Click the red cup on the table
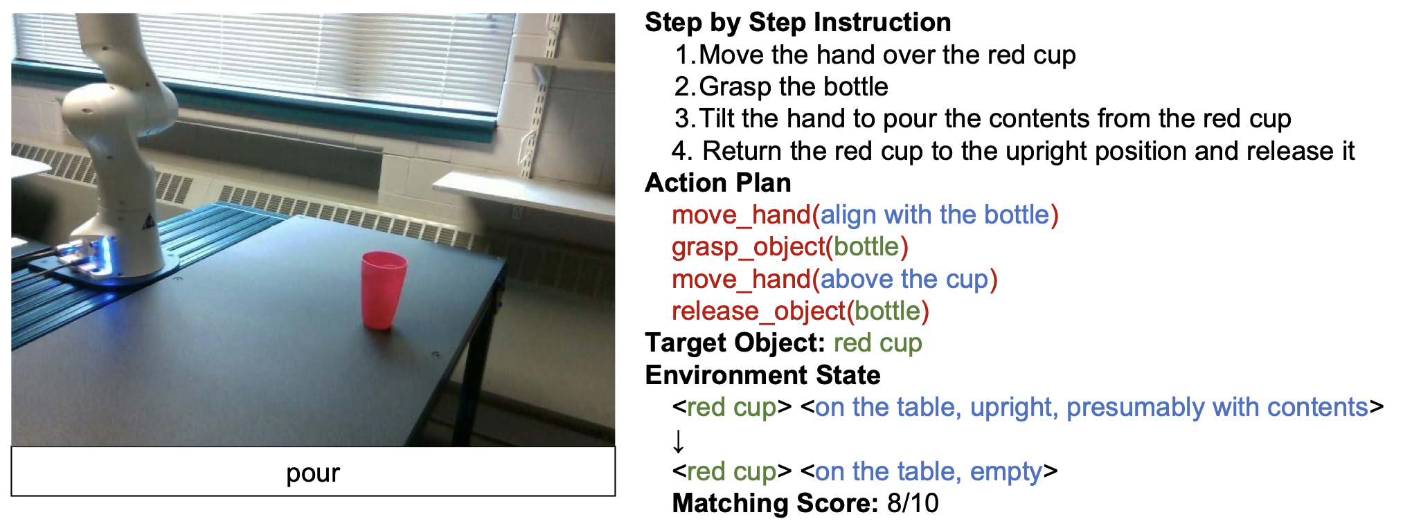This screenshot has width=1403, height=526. pyautogui.click(x=383, y=289)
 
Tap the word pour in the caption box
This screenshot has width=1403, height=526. pyautogui.click(x=313, y=473)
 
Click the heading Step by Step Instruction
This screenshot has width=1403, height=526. pyautogui.click(x=798, y=23)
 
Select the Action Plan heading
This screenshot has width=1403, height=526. pyautogui.click(x=718, y=183)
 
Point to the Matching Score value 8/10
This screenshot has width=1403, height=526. pyautogui.click(x=913, y=503)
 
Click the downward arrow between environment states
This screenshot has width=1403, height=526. pyautogui.click(x=679, y=440)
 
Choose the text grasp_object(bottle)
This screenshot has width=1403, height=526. pyautogui.click(x=790, y=247)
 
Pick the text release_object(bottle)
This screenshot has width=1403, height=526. pyautogui.click(x=801, y=311)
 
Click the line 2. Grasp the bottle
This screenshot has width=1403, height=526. pyautogui.click(x=781, y=87)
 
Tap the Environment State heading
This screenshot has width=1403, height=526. pyautogui.click(x=762, y=375)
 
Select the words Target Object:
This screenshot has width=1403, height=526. pyautogui.click(x=735, y=343)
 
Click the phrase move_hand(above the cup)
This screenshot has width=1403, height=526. pyautogui.click(x=834, y=280)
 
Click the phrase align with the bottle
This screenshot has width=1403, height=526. pyautogui.click(x=936, y=215)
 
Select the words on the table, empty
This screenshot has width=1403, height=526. pyautogui.click(x=929, y=472)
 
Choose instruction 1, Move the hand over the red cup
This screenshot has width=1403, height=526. pyautogui.click(x=875, y=55)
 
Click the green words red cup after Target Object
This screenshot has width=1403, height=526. pyautogui.click(x=878, y=343)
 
